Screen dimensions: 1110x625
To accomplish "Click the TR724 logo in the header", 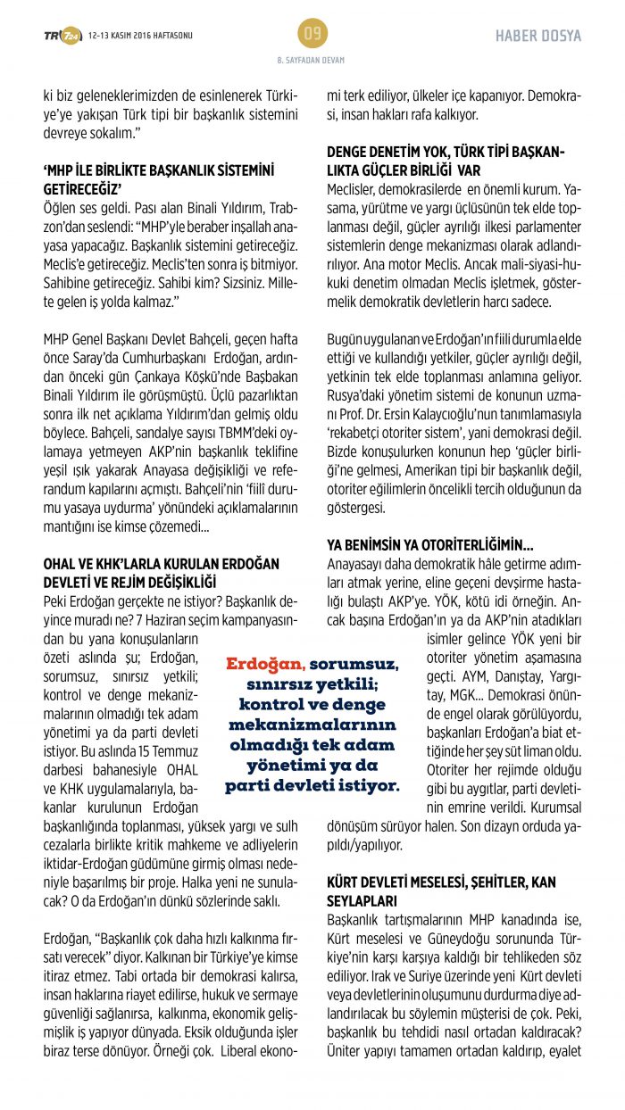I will pos(62,36).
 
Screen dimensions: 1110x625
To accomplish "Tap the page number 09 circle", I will pos(312,35).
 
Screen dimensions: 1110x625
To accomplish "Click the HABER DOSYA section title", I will pos(538,36).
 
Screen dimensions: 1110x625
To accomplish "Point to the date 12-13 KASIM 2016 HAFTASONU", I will pos(141,36).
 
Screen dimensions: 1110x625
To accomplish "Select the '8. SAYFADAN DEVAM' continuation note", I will pos(312,60).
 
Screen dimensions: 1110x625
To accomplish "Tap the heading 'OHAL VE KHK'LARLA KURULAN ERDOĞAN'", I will pos(162,565).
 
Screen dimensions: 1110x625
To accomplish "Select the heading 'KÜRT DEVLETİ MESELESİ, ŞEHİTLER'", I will pos(441,882).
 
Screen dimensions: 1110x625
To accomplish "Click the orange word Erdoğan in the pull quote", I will pos(265,666).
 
